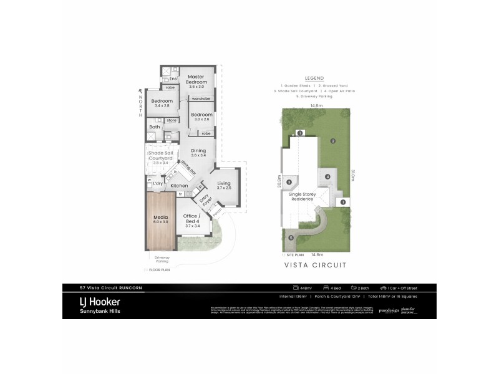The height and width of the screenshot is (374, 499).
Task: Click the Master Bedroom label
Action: click(x=197, y=79)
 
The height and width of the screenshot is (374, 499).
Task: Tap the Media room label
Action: click(x=161, y=219)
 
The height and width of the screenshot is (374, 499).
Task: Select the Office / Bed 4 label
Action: click(x=191, y=219)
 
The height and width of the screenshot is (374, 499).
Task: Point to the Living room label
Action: click(x=224, y=183)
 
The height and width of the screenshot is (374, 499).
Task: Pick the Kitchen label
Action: click(x=180, y=186)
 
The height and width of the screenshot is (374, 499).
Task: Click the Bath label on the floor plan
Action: click(x=155, y=127)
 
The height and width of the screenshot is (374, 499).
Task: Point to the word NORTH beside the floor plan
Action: click(x=141, y=105)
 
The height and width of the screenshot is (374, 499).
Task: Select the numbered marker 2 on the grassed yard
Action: click(x=333, y=141)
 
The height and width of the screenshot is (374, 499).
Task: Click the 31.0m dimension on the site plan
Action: click(x=352, y=176)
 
